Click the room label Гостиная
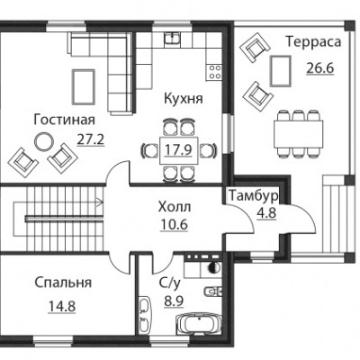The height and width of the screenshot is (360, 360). [x=64, y=120]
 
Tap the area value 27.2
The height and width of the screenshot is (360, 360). [x=91, y=139]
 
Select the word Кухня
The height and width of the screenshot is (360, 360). [x=184, y=99]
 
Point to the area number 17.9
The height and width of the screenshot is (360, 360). [x=178, y=149]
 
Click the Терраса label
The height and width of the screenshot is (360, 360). [x=313, y=41]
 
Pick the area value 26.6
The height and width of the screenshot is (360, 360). [x=320, y=67]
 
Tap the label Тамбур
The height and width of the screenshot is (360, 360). [x=254, y=196]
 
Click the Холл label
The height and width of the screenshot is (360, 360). [x=175, y=207]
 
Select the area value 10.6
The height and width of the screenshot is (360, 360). [x=175, y=224]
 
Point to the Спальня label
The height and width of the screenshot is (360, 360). [x=63, y=283]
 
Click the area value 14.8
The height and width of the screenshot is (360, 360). [x=62, y=307]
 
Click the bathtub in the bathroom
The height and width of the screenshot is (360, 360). [x=199, y=323]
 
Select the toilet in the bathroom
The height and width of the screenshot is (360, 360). [x=212, y=292]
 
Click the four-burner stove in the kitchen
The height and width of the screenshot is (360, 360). [x=213, y=72]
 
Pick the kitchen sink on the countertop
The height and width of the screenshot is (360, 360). [x=173, y=39]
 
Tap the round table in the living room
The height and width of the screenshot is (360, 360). [x=44, y=141]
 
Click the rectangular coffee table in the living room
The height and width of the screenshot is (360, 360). [x=84, y=87]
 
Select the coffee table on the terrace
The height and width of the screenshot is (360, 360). [x=281, y=71]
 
